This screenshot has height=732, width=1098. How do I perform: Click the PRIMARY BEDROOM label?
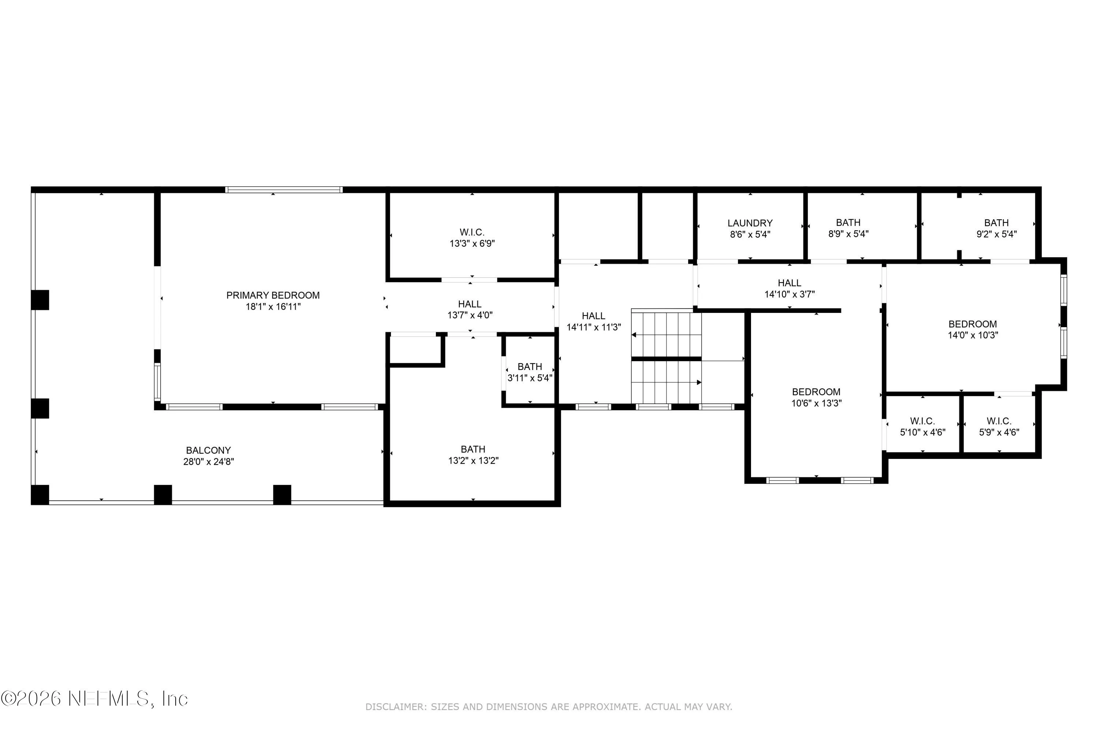pyautogui.click(x=273, y=295)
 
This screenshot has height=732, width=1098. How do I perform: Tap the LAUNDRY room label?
pyautogui.click(x=750, y=223)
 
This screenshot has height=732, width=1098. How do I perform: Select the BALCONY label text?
pyautogui.click(x=208, y=450)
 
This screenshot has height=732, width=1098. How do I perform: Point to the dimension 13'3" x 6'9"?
pyautogui.click(x=472, y=243)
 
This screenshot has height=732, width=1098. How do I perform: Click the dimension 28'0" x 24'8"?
pyautogui.click(x=208, y=462)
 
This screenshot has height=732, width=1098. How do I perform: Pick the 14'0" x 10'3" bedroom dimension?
pyautogui.click(x=973, y=335)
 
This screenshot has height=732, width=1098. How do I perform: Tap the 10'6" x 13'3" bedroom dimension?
pyautogui.click(x=817, y=403)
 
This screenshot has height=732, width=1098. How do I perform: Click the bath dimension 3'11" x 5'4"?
pyautogui.click(x=530, y=378)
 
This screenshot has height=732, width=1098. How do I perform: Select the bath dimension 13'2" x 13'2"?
pyautogui.click(x=473, y=460)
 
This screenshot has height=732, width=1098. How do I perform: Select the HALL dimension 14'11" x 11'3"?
pyautogui.click(x=594, y=327)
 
